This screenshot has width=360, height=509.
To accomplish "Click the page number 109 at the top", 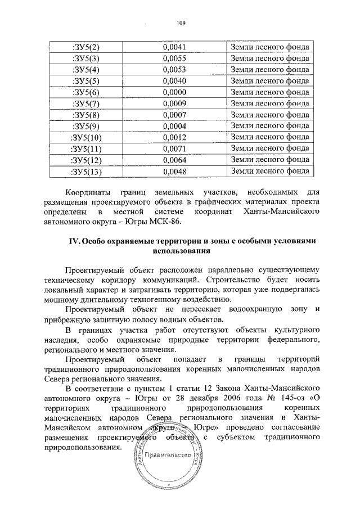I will tap(180, 23).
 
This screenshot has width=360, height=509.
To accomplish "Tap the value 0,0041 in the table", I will tap(174, 47).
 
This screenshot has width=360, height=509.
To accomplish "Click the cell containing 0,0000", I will tap(174, 92).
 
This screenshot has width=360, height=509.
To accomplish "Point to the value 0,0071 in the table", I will tap(174, 149).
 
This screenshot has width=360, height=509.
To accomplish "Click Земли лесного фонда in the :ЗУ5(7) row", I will tap(271, 103).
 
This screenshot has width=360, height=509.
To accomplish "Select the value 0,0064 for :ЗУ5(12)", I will tap(174, 160).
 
